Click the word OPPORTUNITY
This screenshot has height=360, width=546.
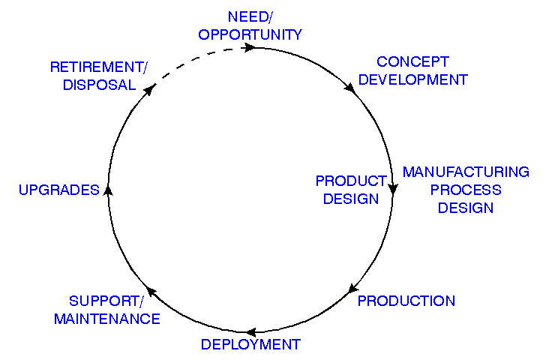click(x=250, y=34)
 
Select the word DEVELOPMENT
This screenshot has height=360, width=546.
click(x=412, y=79)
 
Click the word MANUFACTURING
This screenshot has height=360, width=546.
click(x=466, y=172)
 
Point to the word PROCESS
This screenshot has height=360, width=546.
click(x=466, y=190)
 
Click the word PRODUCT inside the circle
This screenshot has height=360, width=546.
click(x=350, y=181)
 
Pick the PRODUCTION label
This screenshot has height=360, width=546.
click(x=406, y=301)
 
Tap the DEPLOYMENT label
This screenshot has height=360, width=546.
click(x=250, y=345)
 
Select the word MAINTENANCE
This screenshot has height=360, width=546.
click(x=107, y=319)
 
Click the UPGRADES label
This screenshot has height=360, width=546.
click(x=59, y=190)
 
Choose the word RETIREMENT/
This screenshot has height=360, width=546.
click(x=99, y=67)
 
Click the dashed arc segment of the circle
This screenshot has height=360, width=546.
click(x=196, y=58)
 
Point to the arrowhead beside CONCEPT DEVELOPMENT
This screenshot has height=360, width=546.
click(x=350, y=88)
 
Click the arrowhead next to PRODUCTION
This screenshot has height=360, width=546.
click(x=352, y=289)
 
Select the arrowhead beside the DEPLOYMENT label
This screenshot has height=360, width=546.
click(x=252, y=331)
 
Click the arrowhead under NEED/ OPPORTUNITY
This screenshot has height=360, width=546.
click(x=250, y=47)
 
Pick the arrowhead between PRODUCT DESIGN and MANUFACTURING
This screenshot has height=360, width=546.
click(x=391, y=190)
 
